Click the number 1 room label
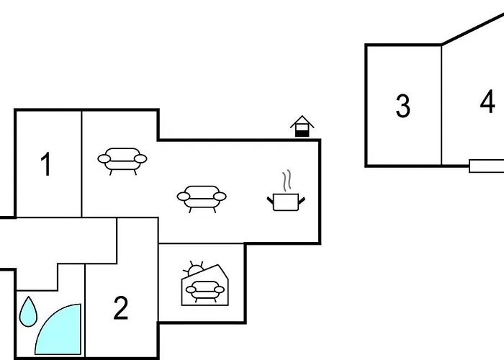46,164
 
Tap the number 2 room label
121,307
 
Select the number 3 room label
402,106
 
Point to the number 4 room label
487,102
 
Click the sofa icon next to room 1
122,161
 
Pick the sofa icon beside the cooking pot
202,199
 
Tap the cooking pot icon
286,202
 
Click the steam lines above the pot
287,180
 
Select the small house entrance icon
302,126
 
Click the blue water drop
28,312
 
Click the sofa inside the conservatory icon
204,291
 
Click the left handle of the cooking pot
270,200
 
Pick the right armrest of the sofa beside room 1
140,159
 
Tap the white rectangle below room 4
486,166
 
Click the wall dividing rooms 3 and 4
441,105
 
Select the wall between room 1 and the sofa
81,164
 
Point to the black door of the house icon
302,133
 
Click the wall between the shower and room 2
85,310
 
